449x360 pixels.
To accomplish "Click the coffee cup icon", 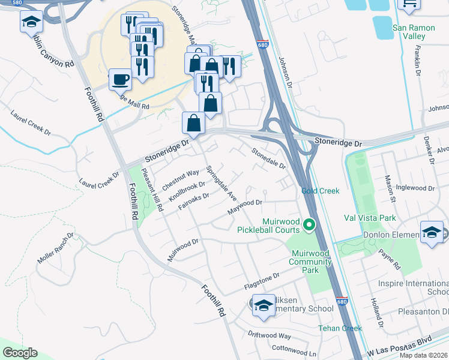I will coord(120,79).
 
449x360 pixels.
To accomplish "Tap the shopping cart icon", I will coord(409,4).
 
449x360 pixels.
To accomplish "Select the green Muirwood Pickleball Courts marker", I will coord(309,225).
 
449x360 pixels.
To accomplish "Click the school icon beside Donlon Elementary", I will coord(432,233).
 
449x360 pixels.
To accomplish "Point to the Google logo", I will coord(20,353).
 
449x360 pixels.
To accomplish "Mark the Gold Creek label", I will coord(320,191).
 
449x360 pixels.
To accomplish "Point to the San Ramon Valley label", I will coord(417,32).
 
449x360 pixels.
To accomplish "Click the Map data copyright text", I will coord(423,355).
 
